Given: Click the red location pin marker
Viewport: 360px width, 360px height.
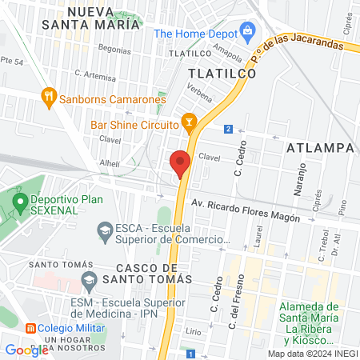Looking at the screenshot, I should tap(180, 164).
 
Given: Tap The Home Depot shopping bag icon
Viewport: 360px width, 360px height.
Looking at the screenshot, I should tap(247, 34).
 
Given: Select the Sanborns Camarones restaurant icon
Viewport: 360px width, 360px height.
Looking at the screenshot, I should tap(49, 99).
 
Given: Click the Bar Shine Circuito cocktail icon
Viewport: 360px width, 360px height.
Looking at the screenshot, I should tap(189, 125).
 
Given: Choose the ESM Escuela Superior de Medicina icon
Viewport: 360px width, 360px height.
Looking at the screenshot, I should tap(89, 282).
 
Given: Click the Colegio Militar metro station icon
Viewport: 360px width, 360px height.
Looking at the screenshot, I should tap(30, 327).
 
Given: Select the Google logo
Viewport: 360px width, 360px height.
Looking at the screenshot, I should tap(26, 350).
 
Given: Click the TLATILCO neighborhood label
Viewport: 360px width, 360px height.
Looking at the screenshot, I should tap(222, 73).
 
